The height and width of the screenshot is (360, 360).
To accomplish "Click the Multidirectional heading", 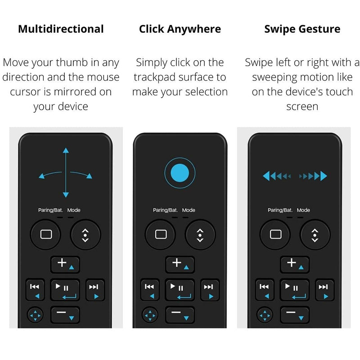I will tap(61, 29).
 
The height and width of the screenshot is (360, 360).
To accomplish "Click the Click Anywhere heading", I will tap(180, 29).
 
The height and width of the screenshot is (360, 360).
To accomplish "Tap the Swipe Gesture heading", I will tap(302, 29).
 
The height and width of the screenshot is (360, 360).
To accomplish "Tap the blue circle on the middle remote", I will tap(180, 172).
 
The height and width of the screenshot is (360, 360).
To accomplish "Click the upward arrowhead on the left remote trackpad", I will tap(66, 151).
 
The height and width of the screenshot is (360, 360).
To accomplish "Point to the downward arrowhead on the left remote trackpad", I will tap(66, 194).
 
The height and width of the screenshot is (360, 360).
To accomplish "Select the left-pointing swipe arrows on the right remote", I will tap(277, 175).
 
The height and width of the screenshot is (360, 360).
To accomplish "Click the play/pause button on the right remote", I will tap(295, 290).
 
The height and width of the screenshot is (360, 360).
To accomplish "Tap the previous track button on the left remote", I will tap(35, 289).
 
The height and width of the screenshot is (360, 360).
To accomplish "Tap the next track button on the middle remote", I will tap(208, 289).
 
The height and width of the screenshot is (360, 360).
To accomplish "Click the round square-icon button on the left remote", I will tap(45, 234).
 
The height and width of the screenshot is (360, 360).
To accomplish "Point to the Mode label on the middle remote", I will tap(189, 210).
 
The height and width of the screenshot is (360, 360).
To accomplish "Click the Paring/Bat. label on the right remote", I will tap(280, 210).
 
